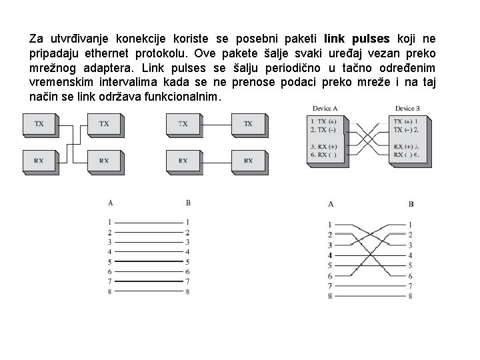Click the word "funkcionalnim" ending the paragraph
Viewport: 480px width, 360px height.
coord(189,97)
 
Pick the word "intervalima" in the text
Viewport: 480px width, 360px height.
coord(111,83)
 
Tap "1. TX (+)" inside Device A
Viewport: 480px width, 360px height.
coord(323,121)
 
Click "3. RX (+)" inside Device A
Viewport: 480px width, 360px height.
coord(323,146)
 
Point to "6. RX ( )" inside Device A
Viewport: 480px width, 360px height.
coord(323,155)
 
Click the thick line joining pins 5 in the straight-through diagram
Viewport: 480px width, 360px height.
coord(148,262)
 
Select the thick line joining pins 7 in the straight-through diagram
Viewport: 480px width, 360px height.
coord(148,281)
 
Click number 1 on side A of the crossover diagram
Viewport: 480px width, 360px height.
coord(329,225)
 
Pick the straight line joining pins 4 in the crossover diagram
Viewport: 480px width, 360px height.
coord(369,255)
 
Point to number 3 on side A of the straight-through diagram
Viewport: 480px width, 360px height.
coord(109,242)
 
